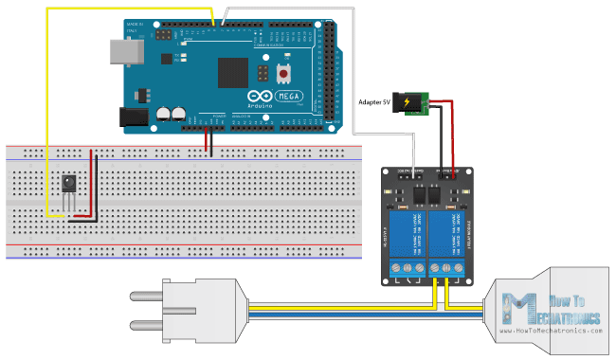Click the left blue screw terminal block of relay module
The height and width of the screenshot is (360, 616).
pyautogui.click(x=410, y=270)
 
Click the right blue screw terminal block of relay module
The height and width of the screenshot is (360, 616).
pyautogui.click(x=446, y=270)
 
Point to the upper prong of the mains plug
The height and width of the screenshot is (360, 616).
pyautogui.click(x=147, y=293)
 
